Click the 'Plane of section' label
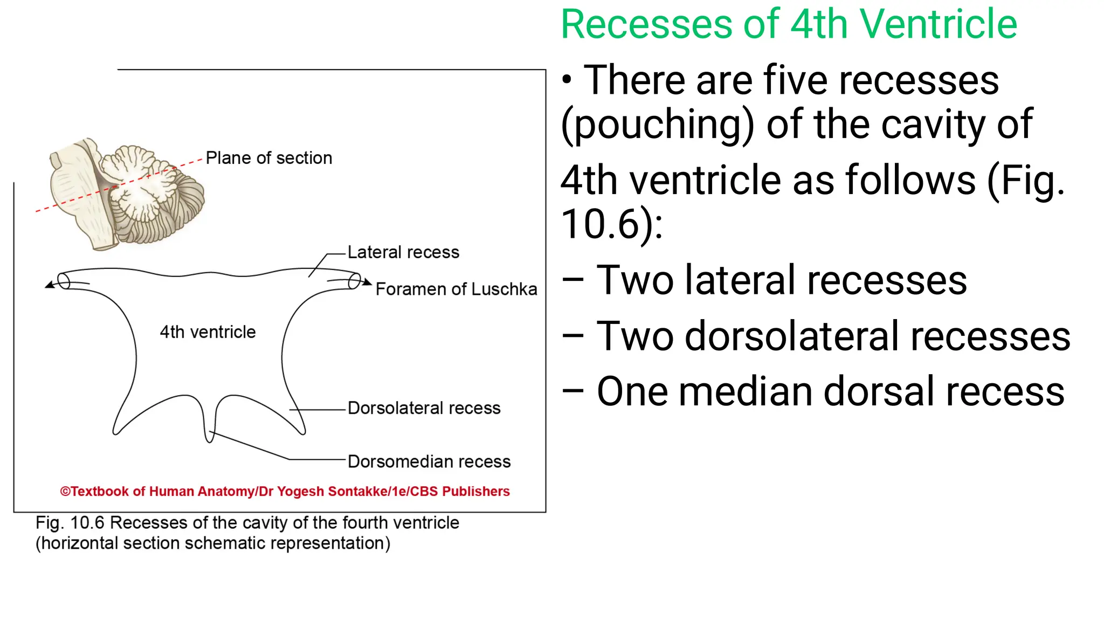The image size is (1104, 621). pyautogui.click(x=268, y=158)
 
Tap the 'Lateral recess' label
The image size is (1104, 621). pyautogui.click(x=403, y=252)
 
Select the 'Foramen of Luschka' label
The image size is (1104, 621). pyautogui.click(x=456, y=289)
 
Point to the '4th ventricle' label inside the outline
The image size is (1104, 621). pyautogui.click(x=208, y=332)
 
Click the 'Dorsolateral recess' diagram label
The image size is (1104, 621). pyautogui.click(x=424, y=408)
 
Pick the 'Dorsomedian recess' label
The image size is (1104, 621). pyautogui.click(x=429, y=461)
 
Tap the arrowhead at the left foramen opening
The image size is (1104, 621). pyautogui.click(x=49, y=285)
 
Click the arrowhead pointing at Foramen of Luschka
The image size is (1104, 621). pyautogui.click(x=368, y=282)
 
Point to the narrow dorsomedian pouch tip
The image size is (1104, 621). pyautogui.click(x=209, y=438)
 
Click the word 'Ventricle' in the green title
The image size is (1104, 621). pyautogui.click(x=938, y=25)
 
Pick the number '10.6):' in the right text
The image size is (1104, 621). pyautogui.click(x=612, y=224)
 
